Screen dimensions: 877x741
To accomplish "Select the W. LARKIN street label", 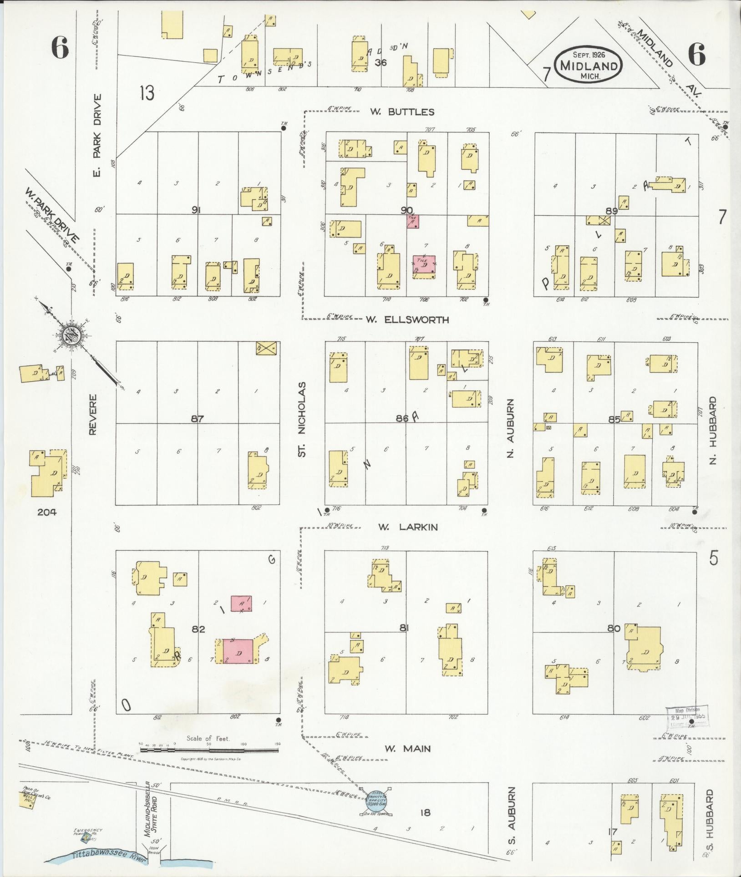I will tap(408, 527).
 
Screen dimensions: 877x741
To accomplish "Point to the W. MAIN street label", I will tap(407, 748).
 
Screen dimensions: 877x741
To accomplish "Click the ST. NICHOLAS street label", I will tap(302, 419).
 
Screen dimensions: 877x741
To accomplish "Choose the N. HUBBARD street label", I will tap(713, 431).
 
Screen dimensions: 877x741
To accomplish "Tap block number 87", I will tap(197, 419).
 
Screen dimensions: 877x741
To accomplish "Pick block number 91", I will tap(197, 210).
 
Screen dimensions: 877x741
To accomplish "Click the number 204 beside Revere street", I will tap(47, 512).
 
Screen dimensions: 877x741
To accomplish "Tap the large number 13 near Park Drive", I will tap(147, 93).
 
